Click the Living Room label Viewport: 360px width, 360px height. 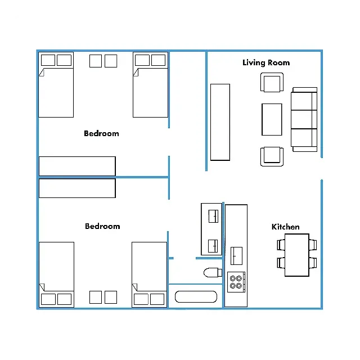[266, 62]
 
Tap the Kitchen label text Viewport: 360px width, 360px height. [285, 227]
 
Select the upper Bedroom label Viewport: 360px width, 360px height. [101, 133]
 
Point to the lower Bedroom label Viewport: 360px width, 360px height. [102, 226]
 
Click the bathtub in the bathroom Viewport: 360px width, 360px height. [196, 296]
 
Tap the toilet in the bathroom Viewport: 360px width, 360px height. [213, 272]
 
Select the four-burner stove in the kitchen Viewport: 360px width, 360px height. [236, 282]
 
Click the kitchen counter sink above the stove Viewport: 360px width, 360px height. [236, 256]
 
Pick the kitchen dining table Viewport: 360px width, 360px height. [297, 255]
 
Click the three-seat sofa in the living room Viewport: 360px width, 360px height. [304, 119]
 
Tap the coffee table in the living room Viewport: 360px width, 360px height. [272, 119]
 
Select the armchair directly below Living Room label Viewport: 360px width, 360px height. [272, 82]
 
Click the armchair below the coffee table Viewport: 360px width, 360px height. [272, 156]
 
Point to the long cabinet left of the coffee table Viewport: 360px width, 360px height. [220, 122]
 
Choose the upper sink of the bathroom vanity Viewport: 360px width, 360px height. [213, 216]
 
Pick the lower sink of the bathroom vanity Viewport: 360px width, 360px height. [213, 246]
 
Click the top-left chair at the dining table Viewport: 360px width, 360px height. [281, 245]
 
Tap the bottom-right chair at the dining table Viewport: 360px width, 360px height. [313, 263]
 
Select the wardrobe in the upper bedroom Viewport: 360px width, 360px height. [77, 166]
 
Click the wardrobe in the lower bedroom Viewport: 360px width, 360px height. [77, 188]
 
